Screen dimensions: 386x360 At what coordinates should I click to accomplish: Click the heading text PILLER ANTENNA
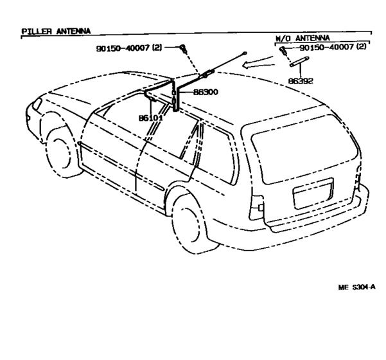[56, 32]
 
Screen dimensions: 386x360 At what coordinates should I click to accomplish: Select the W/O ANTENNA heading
[303, 38]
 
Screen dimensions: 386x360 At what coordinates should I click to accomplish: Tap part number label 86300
[206, 92]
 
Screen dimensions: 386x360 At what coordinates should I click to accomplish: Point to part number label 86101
[151, 118]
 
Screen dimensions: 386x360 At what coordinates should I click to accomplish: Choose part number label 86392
[301, 81]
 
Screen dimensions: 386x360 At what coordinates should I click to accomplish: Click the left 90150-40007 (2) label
[129, 48]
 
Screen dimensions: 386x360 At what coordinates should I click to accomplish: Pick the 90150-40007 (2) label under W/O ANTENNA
[333, 47]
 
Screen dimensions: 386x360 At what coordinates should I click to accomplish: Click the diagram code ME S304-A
[356, 287]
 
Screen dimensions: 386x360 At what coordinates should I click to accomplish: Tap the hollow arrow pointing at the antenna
[258, 63]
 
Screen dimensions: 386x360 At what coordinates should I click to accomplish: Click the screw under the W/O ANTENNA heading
[283, 50]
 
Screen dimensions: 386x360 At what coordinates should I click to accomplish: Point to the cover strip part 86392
[299, 62]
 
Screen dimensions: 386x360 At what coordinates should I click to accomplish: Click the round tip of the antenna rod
[245, 53]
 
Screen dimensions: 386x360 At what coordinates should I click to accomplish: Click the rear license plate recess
[313, 194]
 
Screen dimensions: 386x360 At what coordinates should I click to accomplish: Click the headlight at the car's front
[37, 103]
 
